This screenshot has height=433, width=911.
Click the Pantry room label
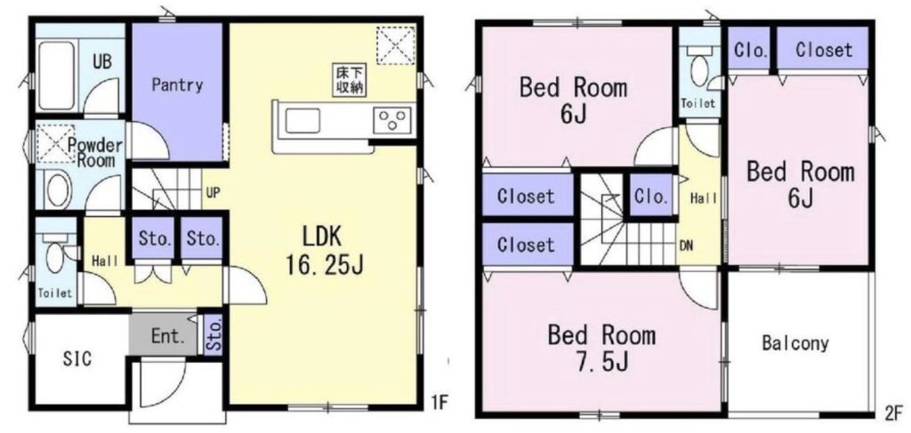pos(177,85)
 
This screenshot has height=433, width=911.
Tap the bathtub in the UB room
pos(56,76)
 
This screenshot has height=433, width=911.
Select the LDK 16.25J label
pos(324,250)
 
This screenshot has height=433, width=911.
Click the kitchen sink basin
pos(302,121)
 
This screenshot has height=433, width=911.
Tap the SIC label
pos(77,358)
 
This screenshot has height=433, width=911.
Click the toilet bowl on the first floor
pos(56,255)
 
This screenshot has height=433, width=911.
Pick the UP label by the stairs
pos(214,191)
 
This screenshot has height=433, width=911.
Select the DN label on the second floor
pos(686,245)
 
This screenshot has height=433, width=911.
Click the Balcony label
pos(794,343)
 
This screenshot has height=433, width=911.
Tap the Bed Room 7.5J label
pos(602,349)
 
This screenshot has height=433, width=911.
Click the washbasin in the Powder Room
pos(58,189)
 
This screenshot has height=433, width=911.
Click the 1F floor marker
pos(438,400)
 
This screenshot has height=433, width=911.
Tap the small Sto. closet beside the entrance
pos(214,335)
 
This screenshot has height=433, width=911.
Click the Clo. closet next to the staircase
pos(650,196)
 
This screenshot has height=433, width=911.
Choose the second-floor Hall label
pos(703,198)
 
